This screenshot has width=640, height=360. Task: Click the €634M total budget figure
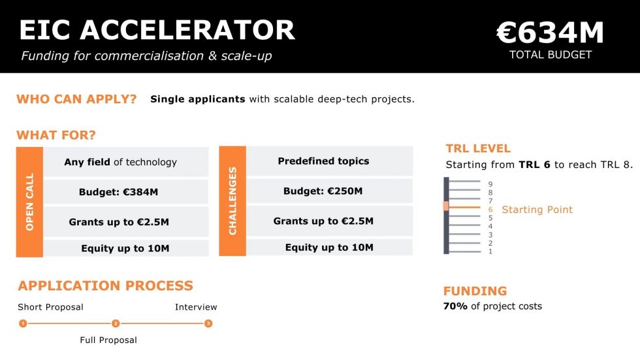pos(550,33)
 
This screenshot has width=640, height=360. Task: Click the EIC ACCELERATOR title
pos(157,30)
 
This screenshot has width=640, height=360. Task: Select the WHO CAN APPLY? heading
pos(76,99)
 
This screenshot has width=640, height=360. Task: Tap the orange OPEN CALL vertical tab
pos(29,201)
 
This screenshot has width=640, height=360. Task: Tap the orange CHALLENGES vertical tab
pos(232,201)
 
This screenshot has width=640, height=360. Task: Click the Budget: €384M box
pos(125,192)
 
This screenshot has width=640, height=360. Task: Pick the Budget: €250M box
pos(329,191)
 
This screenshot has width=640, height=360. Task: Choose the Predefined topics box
pos(329,161)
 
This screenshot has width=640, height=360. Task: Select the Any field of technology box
pos(125,162)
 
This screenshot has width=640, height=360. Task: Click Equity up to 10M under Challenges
pos(329,248)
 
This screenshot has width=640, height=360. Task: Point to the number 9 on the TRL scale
pos(490,184)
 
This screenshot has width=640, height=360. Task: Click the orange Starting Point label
pos(537,210)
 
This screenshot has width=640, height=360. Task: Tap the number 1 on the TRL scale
pos(490,252)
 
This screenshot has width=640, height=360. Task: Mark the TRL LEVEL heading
pos(478,148)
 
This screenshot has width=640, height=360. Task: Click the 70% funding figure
pos(455,306)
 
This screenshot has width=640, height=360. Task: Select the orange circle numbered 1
pos(23,323)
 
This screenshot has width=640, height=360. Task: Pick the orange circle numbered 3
pos(208,323)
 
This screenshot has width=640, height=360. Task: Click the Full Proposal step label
pos(108,340)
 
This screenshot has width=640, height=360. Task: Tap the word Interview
pos(196,307)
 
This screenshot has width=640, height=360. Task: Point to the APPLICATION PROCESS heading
pos(106,286)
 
